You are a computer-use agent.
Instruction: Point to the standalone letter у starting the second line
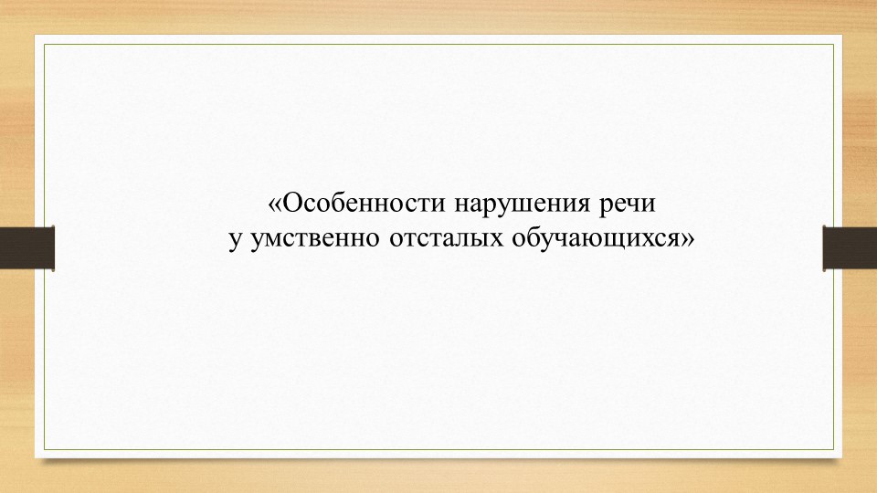tap(235, 241)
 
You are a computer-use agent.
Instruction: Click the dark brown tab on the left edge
tap(27, 246)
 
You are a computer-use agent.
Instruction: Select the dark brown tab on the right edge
tap(850, 246)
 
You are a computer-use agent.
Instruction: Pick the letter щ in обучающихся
tap(613, 242)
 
